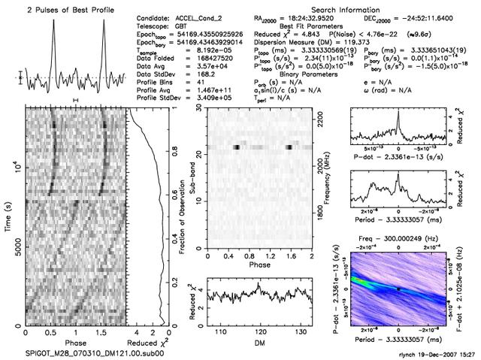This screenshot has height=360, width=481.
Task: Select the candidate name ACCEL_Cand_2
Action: click(x=200, y=17)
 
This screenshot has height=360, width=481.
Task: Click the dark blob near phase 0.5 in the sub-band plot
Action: click(x=237, y=147)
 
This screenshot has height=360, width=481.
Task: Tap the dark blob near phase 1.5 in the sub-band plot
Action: click(x=290, y=147)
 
